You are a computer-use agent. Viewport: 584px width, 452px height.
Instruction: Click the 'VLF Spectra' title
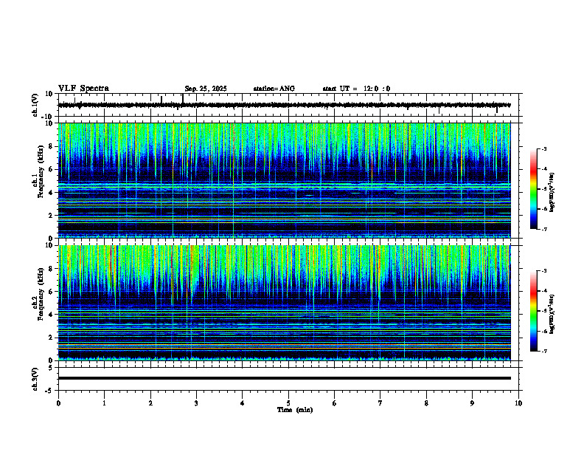(x=83, y=88)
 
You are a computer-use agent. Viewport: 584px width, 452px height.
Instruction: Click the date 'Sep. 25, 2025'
(x=206, y=89)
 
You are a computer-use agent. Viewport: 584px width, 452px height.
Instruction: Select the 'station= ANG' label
(x=274, y=89)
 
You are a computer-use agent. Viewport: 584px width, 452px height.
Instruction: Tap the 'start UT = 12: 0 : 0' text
(x=356, y=89)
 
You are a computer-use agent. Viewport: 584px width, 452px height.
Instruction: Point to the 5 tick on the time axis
(x=288, y=403)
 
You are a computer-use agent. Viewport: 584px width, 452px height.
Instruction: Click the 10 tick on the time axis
(x=518, y=403)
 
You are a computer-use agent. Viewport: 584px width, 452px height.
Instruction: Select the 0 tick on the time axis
(x=58, y=403)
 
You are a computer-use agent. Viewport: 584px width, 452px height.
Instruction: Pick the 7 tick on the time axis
(x=380, y=403)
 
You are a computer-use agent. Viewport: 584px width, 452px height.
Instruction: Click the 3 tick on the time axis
(x=196, y=403)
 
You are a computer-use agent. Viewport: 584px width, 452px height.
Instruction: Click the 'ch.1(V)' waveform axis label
(x=35, y=105)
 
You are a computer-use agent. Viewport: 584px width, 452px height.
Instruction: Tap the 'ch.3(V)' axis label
(x=35, y=378)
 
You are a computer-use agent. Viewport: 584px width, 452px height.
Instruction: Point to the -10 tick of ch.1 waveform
(x=46, y=117)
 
